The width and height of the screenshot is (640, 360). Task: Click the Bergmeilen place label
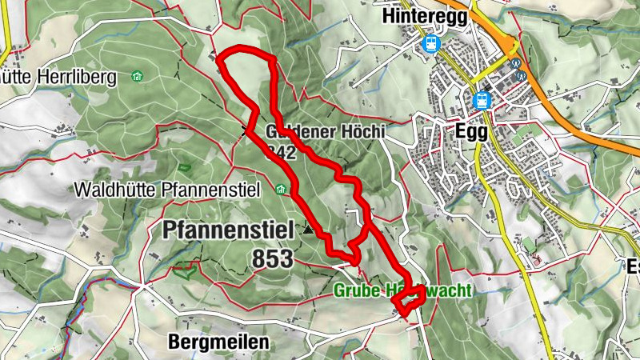218,342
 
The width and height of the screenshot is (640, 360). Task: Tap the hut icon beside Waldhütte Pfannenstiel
280,190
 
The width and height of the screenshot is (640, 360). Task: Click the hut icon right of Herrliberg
137,77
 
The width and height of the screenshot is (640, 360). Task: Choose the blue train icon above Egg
482,100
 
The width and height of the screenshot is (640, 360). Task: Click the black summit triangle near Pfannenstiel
309,230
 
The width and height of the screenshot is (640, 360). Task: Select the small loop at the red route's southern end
411,298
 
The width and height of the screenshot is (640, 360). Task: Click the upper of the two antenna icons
516,62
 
